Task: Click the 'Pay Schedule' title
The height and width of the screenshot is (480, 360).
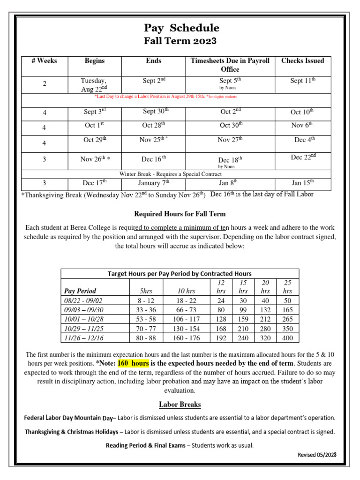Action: [181, 28]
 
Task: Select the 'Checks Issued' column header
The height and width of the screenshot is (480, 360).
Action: [302, 61]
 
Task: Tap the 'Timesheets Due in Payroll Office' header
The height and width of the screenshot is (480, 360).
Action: [230, 65]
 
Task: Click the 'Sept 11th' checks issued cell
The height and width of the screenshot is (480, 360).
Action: [302, 81]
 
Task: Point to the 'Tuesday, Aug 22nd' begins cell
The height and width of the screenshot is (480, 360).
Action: [94, 84]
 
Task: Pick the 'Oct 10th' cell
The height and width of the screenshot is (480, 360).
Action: [302, 112]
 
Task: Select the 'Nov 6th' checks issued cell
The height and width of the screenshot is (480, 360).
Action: [302, 125]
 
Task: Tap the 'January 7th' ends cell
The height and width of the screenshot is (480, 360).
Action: [154, 183]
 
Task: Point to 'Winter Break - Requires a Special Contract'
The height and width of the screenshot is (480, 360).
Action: [171, 174]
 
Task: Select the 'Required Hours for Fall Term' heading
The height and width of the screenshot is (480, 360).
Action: [180, 214]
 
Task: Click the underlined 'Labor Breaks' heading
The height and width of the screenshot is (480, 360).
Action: [180, 404]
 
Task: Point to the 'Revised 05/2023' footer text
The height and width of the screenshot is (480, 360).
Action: [317, 455]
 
